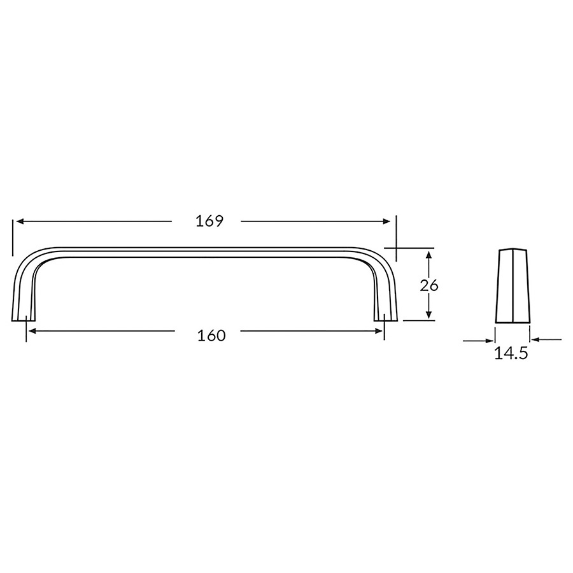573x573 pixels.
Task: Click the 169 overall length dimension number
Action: click(x=209, y=221)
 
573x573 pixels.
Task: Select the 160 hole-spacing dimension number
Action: click(x=211, y=336)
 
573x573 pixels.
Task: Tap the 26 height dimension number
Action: click(x=429, y=285)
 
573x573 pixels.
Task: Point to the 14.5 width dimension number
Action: click(x=511, y=353)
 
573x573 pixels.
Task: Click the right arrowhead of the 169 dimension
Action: click(x=386, y=222)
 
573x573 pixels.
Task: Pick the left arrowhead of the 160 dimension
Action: click(x=32, y=331)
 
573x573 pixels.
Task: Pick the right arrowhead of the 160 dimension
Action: click(x=379, y=331)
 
